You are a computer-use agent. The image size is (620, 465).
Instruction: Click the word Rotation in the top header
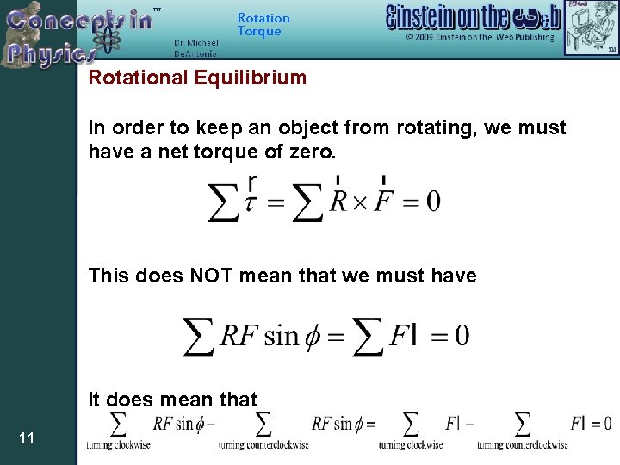coord(263,18)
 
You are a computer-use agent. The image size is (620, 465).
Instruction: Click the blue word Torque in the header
coord(259,32)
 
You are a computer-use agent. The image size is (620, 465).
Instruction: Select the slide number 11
coord(27,439)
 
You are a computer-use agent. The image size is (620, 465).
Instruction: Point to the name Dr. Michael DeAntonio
coord(196,47)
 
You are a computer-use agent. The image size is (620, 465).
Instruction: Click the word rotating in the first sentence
coord(430,128)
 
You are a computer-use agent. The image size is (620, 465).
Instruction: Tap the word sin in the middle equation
coord(282,335)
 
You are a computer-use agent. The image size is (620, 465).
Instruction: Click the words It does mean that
coord(172,400)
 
